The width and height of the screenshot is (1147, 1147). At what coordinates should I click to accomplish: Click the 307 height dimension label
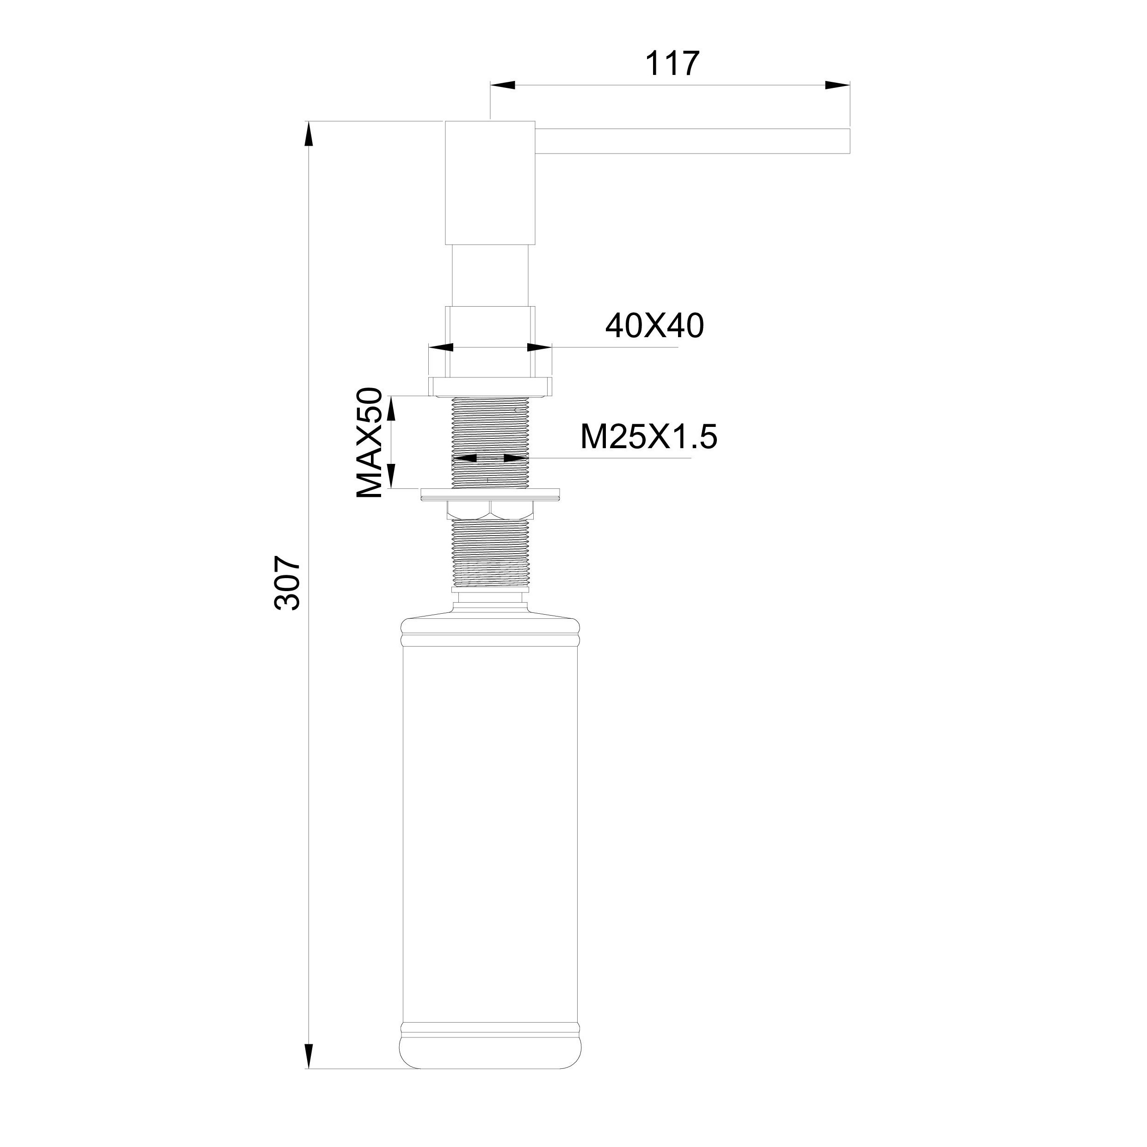click(x=288, y=584)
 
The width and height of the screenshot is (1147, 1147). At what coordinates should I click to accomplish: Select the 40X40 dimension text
click(x=654, y=326)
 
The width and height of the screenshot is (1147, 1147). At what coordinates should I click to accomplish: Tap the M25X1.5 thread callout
click(x=648, y=438)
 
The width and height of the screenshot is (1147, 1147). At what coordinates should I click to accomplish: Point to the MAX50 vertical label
click(x=369, y=443)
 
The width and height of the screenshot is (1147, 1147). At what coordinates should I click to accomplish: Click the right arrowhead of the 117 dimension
click(x=837, y=86)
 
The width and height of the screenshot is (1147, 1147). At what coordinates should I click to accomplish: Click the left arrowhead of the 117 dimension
click(x=502, y=86)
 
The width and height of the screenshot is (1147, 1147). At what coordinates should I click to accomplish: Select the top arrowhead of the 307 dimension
click(x=308, y=134)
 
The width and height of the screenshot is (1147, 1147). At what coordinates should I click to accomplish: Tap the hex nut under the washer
click(x=490, y=509)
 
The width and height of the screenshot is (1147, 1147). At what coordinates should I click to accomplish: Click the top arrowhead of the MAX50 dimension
click(x=392, y=408)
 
